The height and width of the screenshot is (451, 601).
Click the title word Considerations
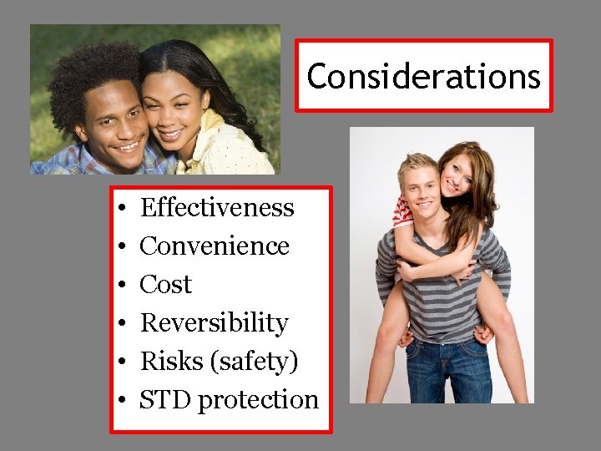[x=423, y=76]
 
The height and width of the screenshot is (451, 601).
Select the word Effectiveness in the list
[x=217, y=207]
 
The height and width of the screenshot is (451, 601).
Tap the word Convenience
[x=215, y=246]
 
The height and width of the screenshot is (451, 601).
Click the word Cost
[x=165, y=284]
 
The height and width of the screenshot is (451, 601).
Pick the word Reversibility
[x=214, y=322]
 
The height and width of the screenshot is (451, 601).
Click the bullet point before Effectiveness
[x=122, y=208]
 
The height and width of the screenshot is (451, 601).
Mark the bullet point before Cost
[x=122, y=285]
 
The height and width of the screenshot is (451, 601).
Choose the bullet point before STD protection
[x=122, y=400]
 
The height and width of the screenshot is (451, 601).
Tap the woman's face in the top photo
[x=174, y=107]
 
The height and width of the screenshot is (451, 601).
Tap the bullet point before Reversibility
[x=122, y=323]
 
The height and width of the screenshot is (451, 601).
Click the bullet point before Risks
[x=122, y=362]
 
